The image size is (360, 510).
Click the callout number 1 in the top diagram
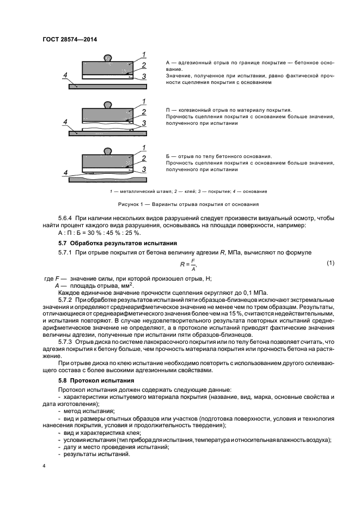pyautogui.click(x=143, y=53)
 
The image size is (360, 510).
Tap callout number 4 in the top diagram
pyautogui.click(x=65, y=74)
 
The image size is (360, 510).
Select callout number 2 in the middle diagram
pyautogui.click(x=143, y=112)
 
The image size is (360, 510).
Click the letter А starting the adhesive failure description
pyautogui.click(x=168, y=64)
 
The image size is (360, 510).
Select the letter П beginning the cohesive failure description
pyautogui.click(x=168, y=110)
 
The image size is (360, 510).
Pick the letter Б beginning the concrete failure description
pyautogui.click(x=168, y=156)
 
